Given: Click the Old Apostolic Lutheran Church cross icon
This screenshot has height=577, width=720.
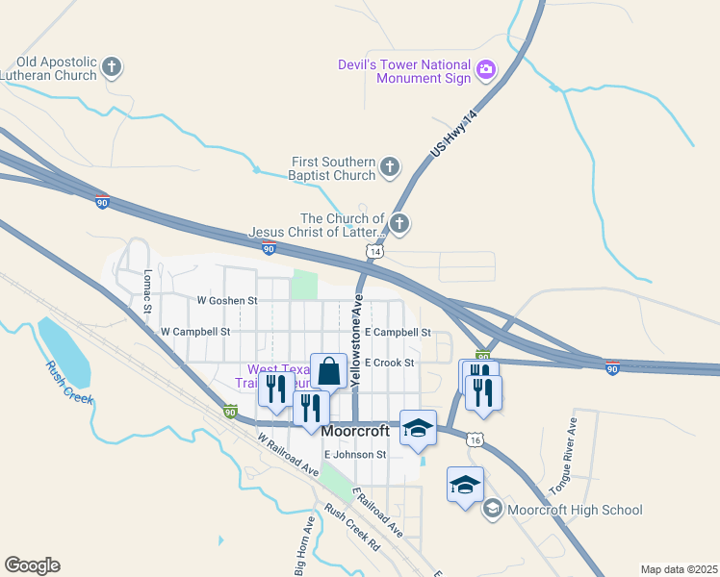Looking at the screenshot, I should coord(112,67).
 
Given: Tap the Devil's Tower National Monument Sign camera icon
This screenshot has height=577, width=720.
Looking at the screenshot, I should coord(486,68).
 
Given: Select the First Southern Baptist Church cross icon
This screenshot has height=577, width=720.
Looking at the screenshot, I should coord(390,168).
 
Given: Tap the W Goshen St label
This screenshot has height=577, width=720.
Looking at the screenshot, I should coord(227,300).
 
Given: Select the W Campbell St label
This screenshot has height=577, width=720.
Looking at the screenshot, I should coord(195,331).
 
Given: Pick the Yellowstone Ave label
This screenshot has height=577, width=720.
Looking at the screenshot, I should coord(356,341).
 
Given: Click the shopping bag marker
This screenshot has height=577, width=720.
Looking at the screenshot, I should coord(328,369).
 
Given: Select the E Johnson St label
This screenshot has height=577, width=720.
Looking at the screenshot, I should coord(355,454).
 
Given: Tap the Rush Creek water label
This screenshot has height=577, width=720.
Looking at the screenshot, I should coord(69,382).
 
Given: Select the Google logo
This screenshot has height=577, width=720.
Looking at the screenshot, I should coord(32,565).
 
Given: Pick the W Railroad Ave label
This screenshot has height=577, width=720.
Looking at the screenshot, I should coord(288,455).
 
